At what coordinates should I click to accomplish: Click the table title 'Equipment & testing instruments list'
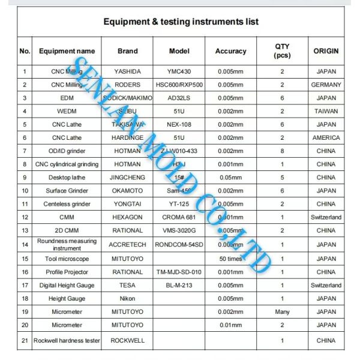[x=181, y=22]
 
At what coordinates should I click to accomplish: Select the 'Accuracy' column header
[x=231, y=52]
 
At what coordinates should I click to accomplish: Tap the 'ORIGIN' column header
[x=326, y=52]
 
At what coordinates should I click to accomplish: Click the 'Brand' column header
[x=127, y=52]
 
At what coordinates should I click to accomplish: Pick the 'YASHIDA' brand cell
[x=127, y=72]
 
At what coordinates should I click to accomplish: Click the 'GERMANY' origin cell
[x=326, y=85]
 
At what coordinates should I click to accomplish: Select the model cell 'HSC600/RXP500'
[x=179, y=85]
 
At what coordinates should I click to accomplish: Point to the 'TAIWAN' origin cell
[x=326, y=112]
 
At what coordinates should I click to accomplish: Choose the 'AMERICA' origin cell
[x=326, y=138]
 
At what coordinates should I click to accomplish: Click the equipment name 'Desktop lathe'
[x=67, y=178]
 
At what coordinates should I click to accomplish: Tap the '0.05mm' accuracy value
[x=231, y=178]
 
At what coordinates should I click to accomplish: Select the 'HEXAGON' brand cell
[x=127, y=217]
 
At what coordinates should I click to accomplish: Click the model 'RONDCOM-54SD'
[x=179, y=245]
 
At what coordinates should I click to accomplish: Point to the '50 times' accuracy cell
[x=231, y=259]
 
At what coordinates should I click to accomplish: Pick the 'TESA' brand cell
[x=127, y=285]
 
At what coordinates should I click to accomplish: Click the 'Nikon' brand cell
[x=127, y=298]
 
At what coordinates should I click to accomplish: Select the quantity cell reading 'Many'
[x=282, y=312]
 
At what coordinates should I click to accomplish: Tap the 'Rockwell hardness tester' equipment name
[x=67, y=340]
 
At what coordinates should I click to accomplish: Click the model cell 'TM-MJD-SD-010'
[x=179, y=272]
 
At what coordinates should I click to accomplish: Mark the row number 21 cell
[x=25, y=340]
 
